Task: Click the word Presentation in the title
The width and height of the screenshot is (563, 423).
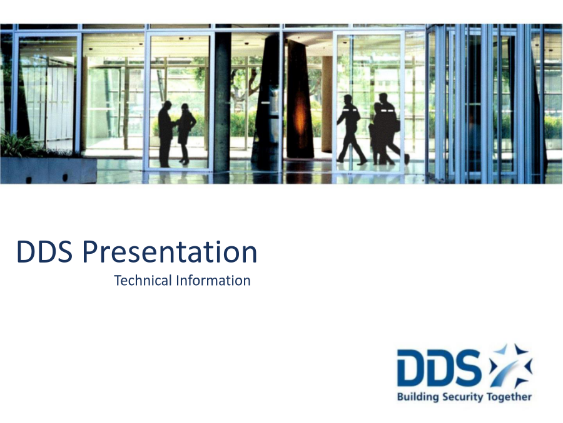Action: [x=170, y=252]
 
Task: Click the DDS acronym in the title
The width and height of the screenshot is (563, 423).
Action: [x=44, y=251]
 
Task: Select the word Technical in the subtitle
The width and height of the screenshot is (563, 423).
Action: [x=143, y=281]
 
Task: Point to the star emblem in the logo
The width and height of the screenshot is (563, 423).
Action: [x=510, y=365]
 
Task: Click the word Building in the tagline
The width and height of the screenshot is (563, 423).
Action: [x=418, y=397]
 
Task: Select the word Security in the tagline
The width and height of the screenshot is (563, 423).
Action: [x=463, y=397]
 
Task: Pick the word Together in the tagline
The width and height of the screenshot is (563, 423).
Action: [x=509, y=397]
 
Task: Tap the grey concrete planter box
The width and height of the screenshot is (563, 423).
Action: [x=48, y=170]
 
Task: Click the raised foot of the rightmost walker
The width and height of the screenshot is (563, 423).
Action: [x=407, y=159]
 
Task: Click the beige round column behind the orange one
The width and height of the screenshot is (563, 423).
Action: [x=327, y=104]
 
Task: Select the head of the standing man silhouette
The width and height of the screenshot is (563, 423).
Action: [x=167, y=106]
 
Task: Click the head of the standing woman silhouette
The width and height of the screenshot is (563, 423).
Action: [x=185, y=108]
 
